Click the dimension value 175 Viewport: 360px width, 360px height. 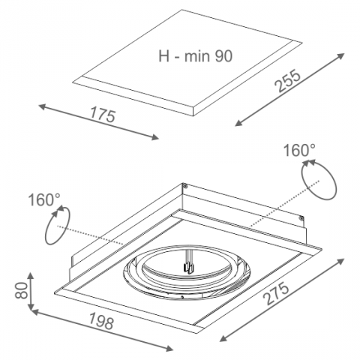point(103,115)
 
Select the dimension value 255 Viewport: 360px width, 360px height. point(287,80)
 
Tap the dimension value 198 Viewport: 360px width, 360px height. point(101,322)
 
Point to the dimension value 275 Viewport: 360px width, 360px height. point(277,293)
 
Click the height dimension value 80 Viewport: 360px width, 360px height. point(21,290)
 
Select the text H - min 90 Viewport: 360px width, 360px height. point(196,55)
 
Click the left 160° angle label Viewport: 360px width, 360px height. point(44,199)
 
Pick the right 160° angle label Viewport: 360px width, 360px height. point(299,151)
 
